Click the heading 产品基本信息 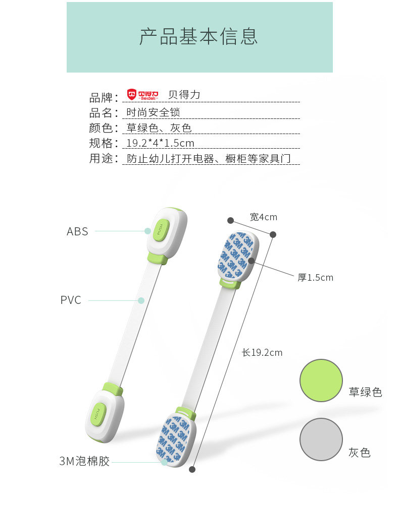(198, 37)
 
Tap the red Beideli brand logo (142, 94)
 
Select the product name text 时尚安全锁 (153, 112)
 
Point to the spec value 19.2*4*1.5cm (160, 143)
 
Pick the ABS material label (77, 231)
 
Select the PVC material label (71, 300)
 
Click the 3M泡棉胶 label (84, 461)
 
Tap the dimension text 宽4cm (264, 217)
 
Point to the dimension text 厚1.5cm (315, 277)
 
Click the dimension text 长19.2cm (262, 353)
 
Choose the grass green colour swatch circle (321, 381)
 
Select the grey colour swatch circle (321, 439)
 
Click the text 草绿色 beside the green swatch (365, 392)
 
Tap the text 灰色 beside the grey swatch (360, 453)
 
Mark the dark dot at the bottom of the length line (192, 469)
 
